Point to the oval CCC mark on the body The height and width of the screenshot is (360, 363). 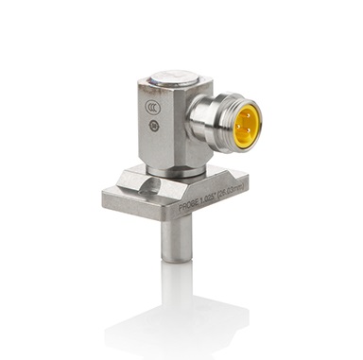point(149,120)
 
